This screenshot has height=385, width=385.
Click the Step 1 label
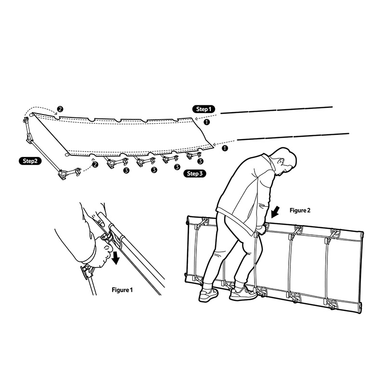point(204,109)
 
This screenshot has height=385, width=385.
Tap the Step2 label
point(30,161)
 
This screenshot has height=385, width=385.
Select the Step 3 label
point(195,174)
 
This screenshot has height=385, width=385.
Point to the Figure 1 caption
point(122,290)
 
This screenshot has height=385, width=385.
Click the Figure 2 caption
point(300,210)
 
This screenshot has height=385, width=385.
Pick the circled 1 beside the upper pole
point(207,122)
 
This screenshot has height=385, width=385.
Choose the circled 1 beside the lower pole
point(224,148)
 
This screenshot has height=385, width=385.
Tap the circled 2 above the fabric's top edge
point(60,109)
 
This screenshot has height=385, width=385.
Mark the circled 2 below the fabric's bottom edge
point(95,165)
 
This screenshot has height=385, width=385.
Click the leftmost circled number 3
point(126,170)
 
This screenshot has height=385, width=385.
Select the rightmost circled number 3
point(200,161)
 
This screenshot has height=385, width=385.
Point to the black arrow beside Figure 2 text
point(275,212)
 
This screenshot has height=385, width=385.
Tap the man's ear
point(280,161)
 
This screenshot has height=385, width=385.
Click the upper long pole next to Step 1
point(276,110)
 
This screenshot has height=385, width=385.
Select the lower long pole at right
point(293,137)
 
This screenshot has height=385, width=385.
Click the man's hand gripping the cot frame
point(261,229)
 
